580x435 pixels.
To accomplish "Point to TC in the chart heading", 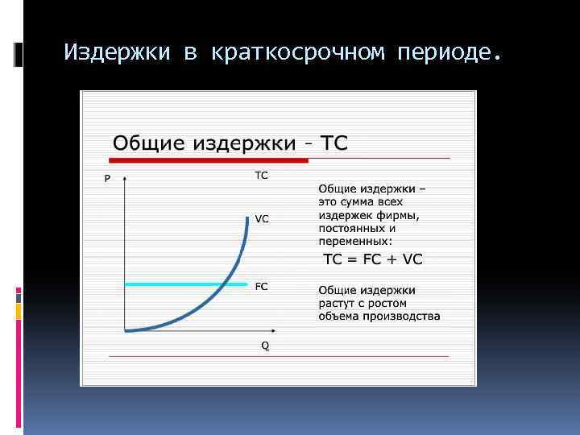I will pos(335,143).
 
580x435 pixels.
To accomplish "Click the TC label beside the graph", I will pos(262,175).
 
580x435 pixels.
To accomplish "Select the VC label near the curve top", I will pos(262,218).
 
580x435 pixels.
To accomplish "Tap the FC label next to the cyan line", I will pos(262,286).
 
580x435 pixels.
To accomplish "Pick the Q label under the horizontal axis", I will pos(265,346).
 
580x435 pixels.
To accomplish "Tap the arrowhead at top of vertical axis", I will pos(125,176).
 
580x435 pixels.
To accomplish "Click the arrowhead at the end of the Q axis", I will pos(276,330).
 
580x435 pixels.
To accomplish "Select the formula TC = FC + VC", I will pos(372,259).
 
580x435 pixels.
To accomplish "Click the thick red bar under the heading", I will pos(209,160).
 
